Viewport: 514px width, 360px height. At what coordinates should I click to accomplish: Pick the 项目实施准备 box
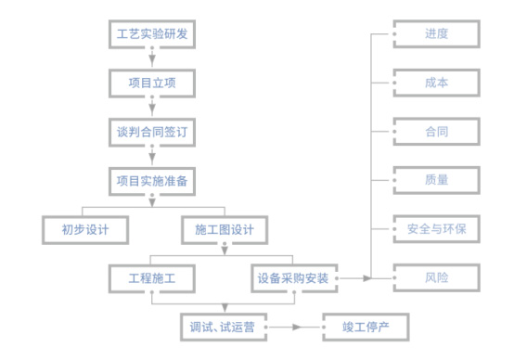point(151,180)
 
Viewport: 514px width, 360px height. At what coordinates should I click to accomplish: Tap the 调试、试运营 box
point(224,327)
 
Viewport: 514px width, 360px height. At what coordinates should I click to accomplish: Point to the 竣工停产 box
point(364,327)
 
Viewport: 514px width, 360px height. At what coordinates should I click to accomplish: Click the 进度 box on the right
point(436,34)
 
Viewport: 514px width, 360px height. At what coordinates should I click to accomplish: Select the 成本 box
point(436,83)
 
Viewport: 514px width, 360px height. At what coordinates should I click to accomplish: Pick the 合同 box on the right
point(436,131)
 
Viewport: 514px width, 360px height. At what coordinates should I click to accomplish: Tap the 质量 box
point(436,179)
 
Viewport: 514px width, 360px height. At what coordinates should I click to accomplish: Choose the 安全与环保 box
point(436,228)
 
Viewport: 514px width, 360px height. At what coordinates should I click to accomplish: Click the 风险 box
point(436,276)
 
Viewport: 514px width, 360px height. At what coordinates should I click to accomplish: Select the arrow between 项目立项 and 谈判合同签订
point(151,109)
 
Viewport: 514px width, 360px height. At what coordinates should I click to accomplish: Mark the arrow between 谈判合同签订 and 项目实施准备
point(151,157)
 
